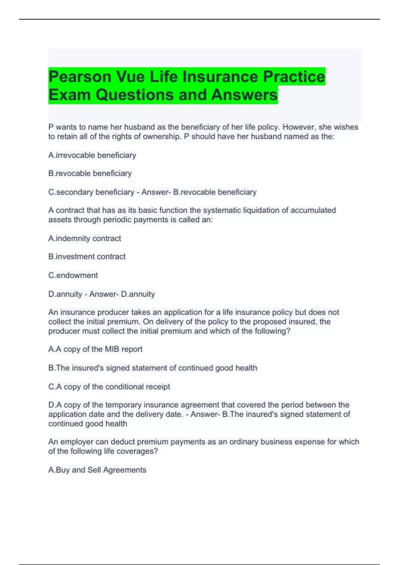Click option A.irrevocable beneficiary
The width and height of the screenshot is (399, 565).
[x=92, y=155]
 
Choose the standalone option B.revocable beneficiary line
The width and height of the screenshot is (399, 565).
[x=90, y=173]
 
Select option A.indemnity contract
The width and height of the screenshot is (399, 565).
[x=84, y=238]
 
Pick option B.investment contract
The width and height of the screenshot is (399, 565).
[x=87, y=257]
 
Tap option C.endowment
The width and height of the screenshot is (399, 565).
[x=73, y=275]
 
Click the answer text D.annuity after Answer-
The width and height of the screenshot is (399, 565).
[x=138, y=294]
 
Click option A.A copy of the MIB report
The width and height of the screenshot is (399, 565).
[x=95, y=349]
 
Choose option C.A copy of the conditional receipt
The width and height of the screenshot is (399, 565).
[x=109, y=387]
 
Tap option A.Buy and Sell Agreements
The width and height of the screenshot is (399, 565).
[x=97, y=470]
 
